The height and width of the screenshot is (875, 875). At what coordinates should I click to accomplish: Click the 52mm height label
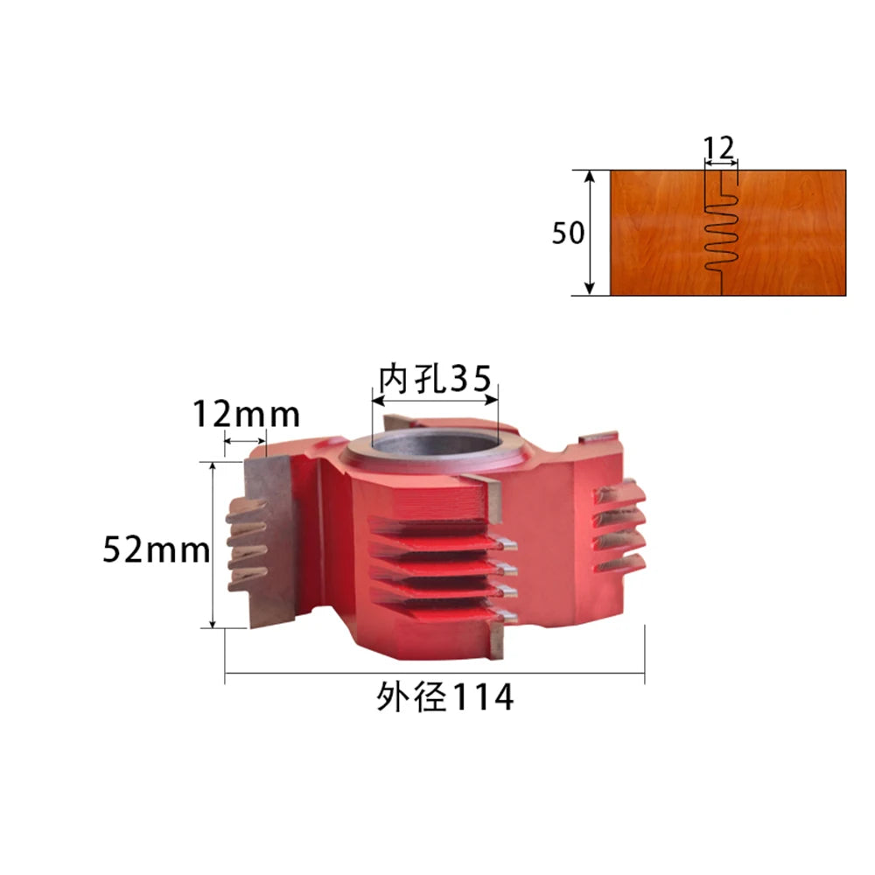tap(157, 549)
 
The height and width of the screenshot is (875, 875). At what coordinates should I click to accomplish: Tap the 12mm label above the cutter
tap(246, 415)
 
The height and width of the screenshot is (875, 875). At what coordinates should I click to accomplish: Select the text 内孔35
tap(435, 379)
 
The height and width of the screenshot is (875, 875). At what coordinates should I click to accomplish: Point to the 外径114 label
tap(444, 696)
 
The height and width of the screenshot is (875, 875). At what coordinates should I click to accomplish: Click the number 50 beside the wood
tap(568, 233)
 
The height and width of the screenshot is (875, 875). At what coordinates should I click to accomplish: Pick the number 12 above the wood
tap(718, 148)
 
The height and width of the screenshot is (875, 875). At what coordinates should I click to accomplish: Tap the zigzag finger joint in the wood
tap(722, 233)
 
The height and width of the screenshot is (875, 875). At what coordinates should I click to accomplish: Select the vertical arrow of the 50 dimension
tap(589, 233)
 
